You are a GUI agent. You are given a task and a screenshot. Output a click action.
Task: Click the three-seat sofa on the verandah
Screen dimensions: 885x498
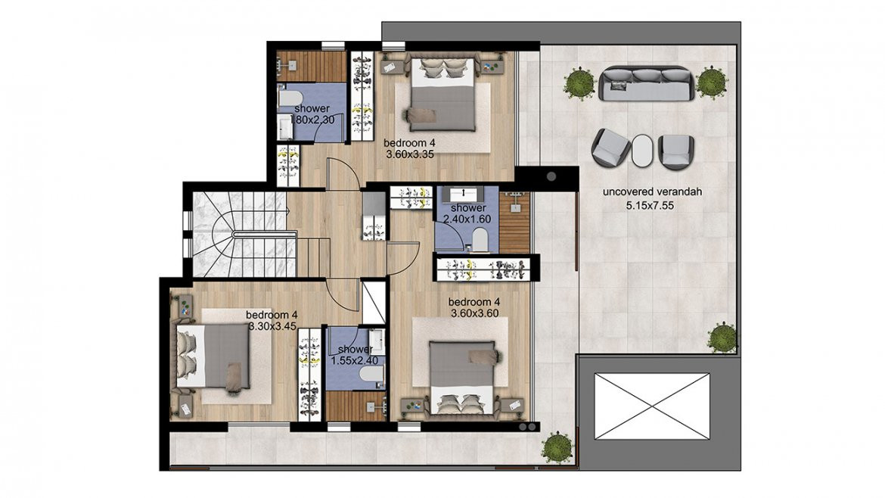click(x=646, y=83)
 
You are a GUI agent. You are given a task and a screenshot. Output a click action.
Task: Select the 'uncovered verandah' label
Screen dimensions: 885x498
click(x=652, y=192)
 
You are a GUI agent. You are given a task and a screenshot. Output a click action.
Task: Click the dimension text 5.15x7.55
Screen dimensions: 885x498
click(x=650, y=206)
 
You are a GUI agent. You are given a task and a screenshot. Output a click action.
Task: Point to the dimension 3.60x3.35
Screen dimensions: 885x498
click(x=410, y=154)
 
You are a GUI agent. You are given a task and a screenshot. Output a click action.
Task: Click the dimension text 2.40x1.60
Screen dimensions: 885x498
click(x=467, y=219)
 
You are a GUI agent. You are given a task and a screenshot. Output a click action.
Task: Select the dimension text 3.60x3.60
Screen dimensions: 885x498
click(x=474, y=313)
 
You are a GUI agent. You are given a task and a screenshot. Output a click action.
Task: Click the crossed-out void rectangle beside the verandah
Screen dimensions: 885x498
click(x=651, y=406)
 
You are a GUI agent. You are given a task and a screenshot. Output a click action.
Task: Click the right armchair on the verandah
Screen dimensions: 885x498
click(x=676, y=152)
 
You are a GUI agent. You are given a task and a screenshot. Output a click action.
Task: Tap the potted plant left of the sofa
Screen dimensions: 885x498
click(x=579, y=83)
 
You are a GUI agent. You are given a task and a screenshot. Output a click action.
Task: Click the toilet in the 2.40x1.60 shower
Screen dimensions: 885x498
click(x=480, y=240)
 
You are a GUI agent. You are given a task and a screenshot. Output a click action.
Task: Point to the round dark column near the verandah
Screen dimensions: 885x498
click(x=551, y=176)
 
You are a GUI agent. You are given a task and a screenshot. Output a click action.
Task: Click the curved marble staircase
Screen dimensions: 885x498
click(x=244, y=235)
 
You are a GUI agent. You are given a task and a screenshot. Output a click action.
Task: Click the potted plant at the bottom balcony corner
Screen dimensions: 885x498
click(x=557, y=447)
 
